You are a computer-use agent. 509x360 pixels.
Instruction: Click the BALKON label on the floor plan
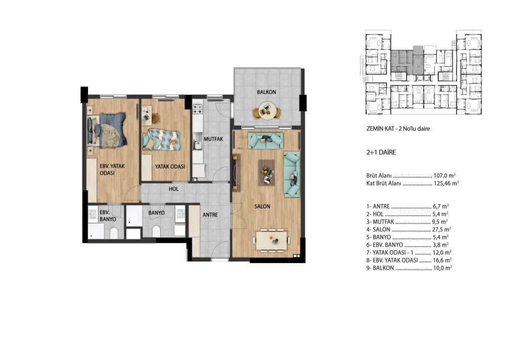(x=266, y=92)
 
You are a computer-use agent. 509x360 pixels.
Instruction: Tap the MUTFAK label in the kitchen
(x=213, y=139)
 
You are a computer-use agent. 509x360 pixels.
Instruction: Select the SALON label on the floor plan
(x=262, y=206)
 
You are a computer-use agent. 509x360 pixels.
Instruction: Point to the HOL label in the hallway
(x=174, y=189)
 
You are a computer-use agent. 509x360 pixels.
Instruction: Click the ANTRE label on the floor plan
(x=210, y=215)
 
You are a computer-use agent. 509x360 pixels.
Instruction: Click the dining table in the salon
(x=271, y=240)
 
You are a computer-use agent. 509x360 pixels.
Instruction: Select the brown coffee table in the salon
(x=266, y=172)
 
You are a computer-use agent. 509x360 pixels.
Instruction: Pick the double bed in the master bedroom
(x=107, y=130)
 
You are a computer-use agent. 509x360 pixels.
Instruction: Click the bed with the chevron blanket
(x=161, y=139)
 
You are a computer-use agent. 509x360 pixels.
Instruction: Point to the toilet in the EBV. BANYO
(x=113, y=233)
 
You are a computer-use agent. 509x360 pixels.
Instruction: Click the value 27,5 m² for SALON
(x=442, y=229)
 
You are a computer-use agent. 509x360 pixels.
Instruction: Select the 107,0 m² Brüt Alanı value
(x=444, y=175)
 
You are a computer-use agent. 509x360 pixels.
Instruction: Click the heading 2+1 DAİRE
(x=381, y=152)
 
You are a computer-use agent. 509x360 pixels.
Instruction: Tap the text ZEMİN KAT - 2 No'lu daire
(x=398, y=128)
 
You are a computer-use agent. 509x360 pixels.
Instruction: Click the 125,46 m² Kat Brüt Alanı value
(x=446, y=183)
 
